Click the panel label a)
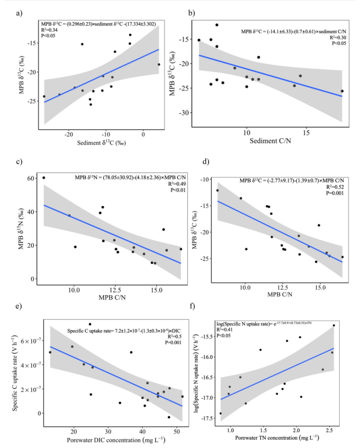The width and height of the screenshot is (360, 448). click(19, 13)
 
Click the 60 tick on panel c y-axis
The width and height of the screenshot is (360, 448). click(31, 178)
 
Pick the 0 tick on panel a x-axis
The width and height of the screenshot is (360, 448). click(143, 134)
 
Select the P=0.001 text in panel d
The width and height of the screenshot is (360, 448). click(336, 193)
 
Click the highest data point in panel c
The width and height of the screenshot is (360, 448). click(43, 178)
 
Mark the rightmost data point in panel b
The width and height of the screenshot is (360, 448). click(342, 91)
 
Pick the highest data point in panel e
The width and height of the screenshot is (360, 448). click(90, 324)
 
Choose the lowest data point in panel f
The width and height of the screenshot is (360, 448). click(221, 413)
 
